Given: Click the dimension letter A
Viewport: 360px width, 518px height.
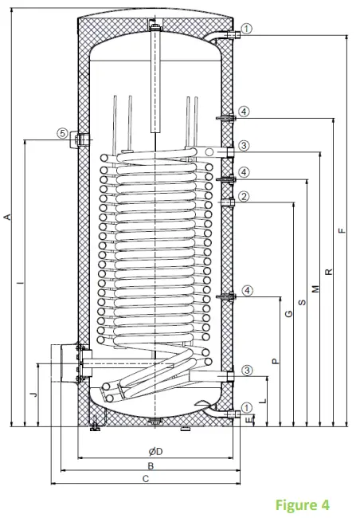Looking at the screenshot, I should (x=7, y=217).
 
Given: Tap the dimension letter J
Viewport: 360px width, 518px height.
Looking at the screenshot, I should (x=33, y=394).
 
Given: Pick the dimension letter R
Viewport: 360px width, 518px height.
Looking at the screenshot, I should (x=328, y=271).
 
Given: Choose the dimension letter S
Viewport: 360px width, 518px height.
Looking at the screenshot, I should (x=302, y=303).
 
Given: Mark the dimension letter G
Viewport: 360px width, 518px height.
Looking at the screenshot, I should (x=288, y=312).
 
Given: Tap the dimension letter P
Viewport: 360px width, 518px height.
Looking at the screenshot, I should (x=275, y=361).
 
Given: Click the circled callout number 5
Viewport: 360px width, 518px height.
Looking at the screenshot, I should (x=62, y=134).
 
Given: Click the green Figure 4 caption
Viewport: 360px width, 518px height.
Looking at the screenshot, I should (x=303, y=504).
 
